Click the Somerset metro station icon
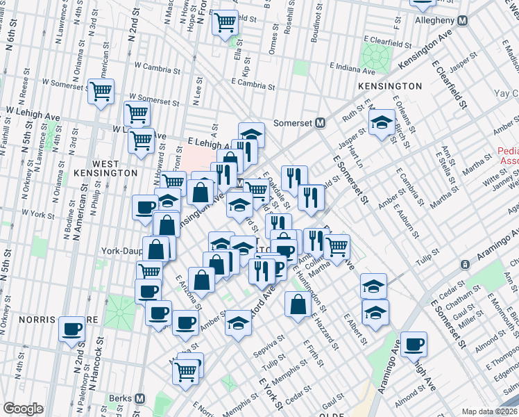pos(321,122)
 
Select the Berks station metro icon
pos(140,399)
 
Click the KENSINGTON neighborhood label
pos(390,86)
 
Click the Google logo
pos(23,409)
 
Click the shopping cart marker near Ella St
pos(225,23)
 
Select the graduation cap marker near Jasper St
pos(381,124)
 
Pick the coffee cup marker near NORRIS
pos(71,329)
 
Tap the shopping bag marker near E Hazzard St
pos(298,304)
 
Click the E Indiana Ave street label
pos(352,68)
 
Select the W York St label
pos(38,213)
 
